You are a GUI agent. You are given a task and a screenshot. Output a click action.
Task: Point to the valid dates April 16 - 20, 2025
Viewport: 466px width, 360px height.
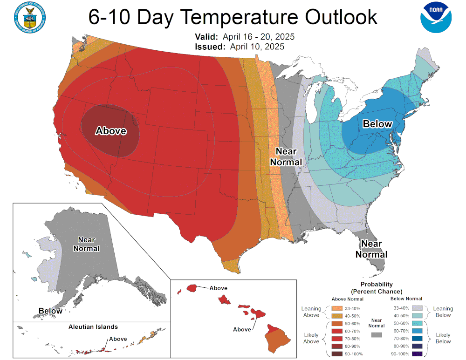click(258, 37)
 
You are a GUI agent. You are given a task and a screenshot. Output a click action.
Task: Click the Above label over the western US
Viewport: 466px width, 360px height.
click(111, 131)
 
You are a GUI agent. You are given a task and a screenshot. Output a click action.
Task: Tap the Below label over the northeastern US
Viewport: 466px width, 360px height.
click(377, 124)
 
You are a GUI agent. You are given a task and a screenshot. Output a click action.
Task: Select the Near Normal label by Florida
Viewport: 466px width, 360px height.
click(371, 249)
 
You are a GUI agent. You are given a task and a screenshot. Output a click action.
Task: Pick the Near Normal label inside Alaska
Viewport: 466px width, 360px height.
click(86, 244)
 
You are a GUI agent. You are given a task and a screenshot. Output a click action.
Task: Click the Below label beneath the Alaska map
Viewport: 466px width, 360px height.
click(50, 311)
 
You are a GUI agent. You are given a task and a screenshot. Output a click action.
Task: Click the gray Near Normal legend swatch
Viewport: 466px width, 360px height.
click(377, 334)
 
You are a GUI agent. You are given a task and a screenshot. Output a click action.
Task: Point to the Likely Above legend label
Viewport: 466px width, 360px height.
click(311, 338)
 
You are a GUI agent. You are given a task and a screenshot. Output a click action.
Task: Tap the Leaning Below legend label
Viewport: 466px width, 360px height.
click(443, 312)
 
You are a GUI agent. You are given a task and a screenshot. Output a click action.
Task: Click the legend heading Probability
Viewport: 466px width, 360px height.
click(377, 284)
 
